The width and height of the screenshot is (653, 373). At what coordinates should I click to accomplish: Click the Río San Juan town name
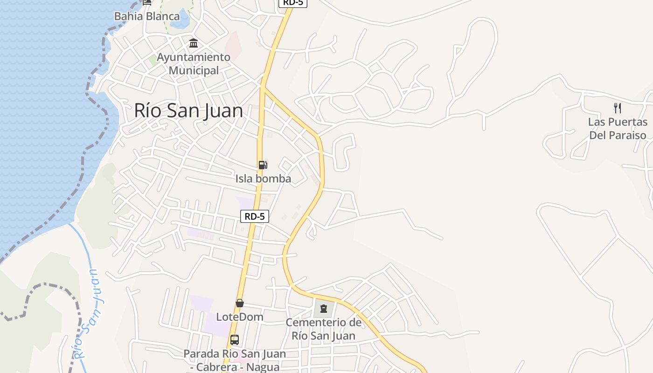pyautogui.click(x=188, y=111)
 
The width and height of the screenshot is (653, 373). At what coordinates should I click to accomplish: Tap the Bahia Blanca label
pyautogui.click(x=147, y=16)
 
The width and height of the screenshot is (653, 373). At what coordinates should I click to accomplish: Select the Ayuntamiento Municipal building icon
pyautogui.click(x=194, y=44)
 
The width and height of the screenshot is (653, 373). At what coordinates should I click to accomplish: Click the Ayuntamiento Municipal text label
pyautogui.click(x=194, y=64)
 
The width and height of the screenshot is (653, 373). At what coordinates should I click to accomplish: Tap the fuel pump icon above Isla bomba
pyautogui.click(x=263, y=165)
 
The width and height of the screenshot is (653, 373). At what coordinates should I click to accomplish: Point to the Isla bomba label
pyautogui.click(x=263, y=179)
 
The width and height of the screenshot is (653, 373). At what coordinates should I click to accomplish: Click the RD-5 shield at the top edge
pyautogui.click(x=292, y=2)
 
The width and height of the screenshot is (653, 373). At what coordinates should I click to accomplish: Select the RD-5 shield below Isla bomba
pyautogui.click(x=255, y=216)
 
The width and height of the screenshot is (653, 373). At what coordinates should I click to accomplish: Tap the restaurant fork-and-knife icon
pyautogui.click(x=618, y=108)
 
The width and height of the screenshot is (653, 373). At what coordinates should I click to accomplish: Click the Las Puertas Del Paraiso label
pyautogui.click(x=618, y=129)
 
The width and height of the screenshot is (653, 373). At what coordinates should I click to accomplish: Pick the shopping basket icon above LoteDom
pyautogui.click(x=240, y=304)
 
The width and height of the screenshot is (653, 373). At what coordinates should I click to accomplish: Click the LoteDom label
pyautogui.click(x=240, y=317)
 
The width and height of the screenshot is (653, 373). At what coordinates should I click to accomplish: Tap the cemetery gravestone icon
pyautogui.click(x=324, y=309)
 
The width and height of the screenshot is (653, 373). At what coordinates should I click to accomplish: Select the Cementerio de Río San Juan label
pyautogui.click(x=324, y=329)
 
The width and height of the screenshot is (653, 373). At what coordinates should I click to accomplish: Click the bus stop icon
pyautogui.click(x=235, y=340)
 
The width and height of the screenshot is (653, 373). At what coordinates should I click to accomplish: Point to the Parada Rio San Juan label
pyautogui.click(x=235, y=360)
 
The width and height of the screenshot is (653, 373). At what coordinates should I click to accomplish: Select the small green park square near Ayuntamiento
pyautogui.click(x=153, y=60)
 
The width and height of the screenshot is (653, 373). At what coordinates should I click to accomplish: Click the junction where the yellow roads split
pyautogui.click(x=264, y=87)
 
